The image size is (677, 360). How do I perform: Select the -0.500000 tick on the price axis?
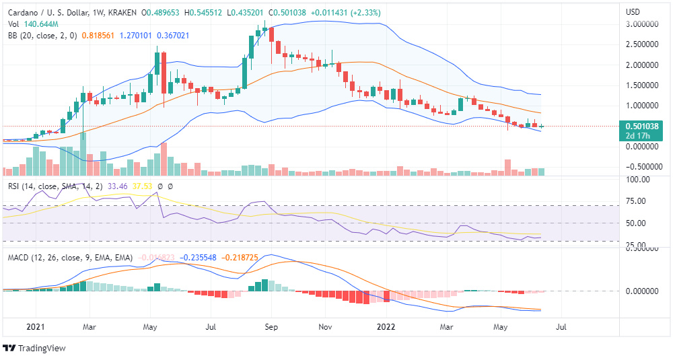click(643, 167)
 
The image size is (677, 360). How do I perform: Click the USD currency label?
click(633, 11)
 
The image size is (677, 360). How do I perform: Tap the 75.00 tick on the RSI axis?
click(636, 201)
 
